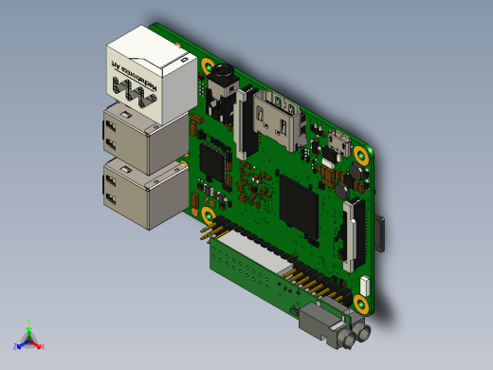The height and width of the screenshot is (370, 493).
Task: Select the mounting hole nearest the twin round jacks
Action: coord(361,304)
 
